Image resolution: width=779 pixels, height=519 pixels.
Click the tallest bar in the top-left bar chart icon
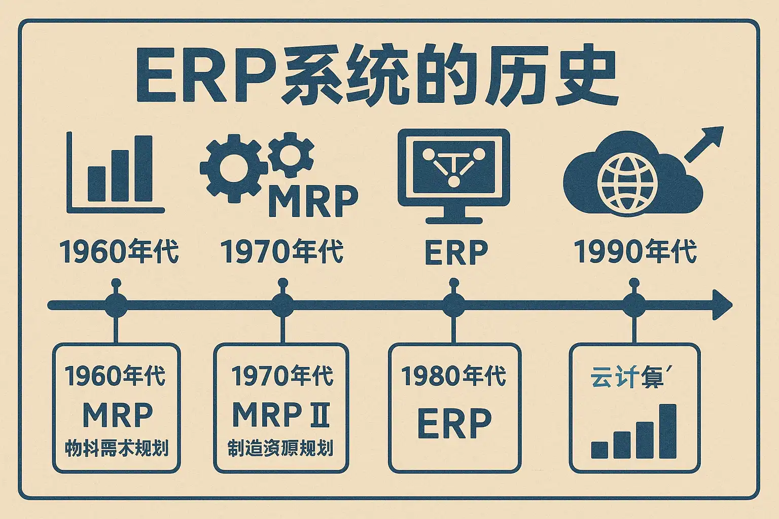click(143, 168)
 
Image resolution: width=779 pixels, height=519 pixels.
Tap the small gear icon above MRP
click(291, 155)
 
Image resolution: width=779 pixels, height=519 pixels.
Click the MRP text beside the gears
click(313, 202)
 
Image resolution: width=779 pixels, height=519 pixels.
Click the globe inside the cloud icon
click(627, 182)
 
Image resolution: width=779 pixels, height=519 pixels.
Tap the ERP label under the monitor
click(455, 252)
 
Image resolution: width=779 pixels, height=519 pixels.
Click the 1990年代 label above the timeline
click(635, 251)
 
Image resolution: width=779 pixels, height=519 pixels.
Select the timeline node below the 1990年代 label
click(633, 305)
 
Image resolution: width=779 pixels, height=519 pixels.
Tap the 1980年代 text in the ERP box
click(454, 376)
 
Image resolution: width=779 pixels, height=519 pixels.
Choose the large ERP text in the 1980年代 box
click(454, 423)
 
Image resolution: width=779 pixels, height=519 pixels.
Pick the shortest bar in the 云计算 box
click(599, 450)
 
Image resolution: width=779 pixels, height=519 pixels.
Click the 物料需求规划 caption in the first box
click(117, 449)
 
